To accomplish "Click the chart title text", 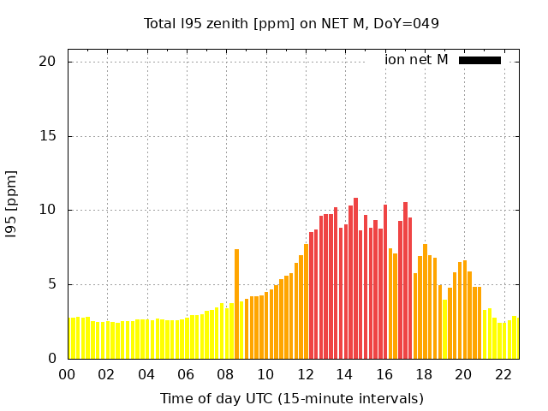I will point(291,23).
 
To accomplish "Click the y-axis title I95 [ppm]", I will point(12,204).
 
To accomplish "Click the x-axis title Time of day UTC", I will point(291,398).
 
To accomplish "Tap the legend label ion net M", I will point(416,60).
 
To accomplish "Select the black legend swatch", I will point(479,60).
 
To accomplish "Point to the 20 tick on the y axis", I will point(47,62).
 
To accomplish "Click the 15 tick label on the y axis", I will point(47,136).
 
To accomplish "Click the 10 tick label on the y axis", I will point(47,210).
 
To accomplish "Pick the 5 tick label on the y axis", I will point(51,284).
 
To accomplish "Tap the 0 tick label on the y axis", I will point(51,359).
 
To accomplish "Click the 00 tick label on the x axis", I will point(67,374).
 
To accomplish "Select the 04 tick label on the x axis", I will point(146,374).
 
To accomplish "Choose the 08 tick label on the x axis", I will point(225,374).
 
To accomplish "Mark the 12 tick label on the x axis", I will point(305,374).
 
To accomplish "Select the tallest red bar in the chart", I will point(355,278).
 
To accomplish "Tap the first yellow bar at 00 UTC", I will point(69,339).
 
